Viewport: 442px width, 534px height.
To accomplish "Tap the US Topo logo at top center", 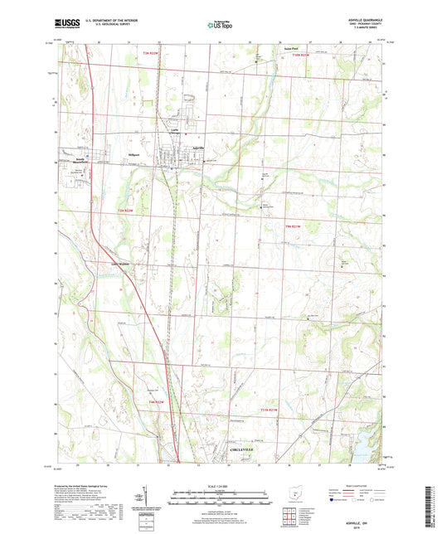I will click(x=220, y=25).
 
